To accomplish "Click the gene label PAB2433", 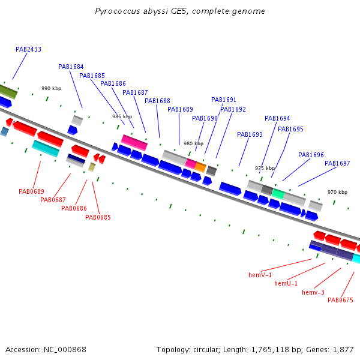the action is [28, 49].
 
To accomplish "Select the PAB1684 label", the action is [71, 67].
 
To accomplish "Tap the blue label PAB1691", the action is [224, 100].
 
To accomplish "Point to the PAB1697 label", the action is [337, 163].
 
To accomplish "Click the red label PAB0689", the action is [31, 191].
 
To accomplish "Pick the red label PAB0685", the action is [98, 217].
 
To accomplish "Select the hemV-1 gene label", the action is [260, 275].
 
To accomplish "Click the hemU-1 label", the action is [286, 283].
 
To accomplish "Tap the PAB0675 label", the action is [340, 300].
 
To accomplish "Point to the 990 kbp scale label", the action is [52, 88].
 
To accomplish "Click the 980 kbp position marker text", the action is [194, 143].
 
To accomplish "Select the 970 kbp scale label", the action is [337, 192].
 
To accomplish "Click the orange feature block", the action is [200, 167].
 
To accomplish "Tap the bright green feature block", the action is [278, 194].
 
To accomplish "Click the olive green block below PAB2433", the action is [8, 92].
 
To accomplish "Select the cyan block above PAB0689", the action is [46, 149].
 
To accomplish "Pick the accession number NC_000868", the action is [65, 350].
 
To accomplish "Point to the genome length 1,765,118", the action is [270, 350].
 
